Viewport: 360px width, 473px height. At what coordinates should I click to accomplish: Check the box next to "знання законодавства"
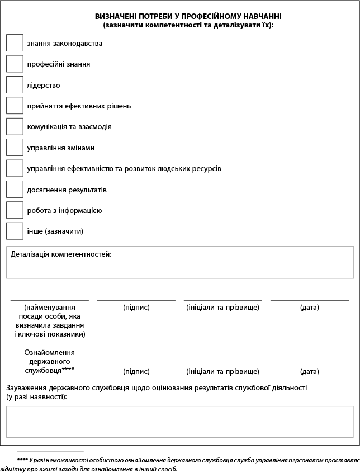15,43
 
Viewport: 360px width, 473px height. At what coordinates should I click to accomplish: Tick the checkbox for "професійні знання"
15,64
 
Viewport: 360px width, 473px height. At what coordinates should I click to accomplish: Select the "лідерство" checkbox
15,85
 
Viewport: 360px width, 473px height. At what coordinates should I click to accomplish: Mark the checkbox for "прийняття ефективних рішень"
15,106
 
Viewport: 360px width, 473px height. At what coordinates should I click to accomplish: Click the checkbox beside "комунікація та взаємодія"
15,126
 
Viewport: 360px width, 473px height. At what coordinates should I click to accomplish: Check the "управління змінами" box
15,148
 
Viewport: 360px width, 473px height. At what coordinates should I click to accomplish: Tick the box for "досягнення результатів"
15,190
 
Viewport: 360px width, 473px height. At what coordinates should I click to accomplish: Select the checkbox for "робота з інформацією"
15,210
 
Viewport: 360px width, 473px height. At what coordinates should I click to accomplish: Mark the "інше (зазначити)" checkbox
15,231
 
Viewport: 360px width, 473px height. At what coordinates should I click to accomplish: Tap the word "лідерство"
43,85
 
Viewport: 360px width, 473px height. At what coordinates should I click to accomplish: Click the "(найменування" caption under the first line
49,308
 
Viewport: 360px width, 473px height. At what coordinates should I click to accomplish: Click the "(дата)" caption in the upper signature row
309,308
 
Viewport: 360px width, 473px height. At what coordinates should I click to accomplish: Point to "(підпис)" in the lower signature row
136,371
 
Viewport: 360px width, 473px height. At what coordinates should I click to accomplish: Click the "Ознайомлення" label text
49,353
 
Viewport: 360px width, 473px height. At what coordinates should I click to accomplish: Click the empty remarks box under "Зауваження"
179,422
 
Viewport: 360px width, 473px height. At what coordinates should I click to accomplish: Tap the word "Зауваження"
27,387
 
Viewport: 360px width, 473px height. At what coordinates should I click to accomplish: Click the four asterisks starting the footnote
22,460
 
